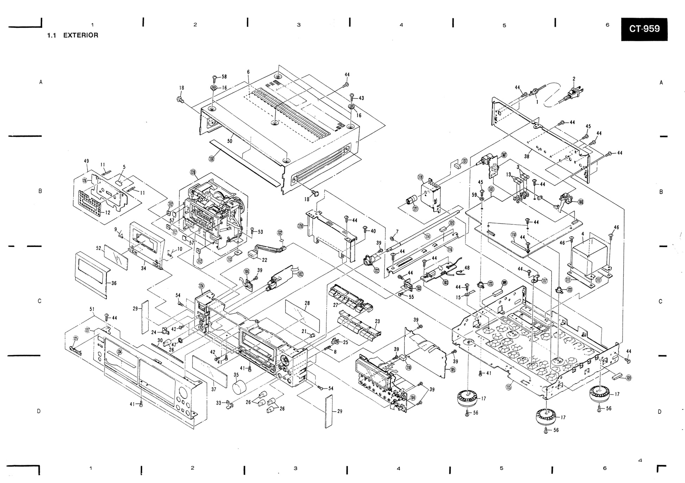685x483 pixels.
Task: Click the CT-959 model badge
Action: [644, 29]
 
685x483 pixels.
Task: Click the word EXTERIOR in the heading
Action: [81, 35]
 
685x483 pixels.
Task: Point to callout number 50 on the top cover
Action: [230, 141]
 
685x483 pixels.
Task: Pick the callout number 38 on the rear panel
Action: [527, 156]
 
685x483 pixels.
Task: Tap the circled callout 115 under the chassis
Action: [508, 387]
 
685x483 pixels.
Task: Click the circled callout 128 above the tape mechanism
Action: [193, 173]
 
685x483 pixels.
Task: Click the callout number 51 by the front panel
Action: [92, 309]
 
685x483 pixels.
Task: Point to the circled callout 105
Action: [453, 369]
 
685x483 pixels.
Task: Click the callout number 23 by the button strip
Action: [377, 321]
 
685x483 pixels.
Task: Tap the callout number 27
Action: [335, 305]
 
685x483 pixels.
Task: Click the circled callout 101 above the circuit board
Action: [491, 189]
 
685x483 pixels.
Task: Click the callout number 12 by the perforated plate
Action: [108, 212]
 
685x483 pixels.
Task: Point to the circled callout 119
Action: [420, 177]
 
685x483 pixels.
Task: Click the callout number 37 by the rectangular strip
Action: [214, 389]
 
